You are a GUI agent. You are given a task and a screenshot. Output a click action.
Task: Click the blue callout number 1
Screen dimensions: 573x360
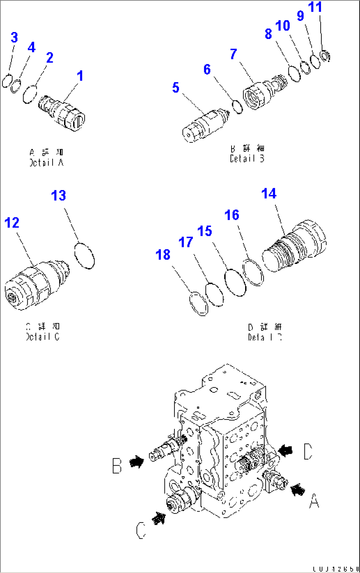(80, 76)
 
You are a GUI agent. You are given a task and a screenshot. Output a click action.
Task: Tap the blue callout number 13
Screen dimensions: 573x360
(58, 196)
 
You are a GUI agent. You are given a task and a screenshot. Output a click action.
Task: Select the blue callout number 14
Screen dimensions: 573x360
(269, 194)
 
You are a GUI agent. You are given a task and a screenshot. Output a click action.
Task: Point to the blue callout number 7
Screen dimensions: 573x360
(234, 54)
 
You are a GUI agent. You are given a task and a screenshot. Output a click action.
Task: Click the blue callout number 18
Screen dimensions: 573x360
(163, 255)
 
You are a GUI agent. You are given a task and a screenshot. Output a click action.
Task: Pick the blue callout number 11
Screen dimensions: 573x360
(315, 7)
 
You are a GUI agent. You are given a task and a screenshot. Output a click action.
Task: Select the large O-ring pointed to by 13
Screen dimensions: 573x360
(85, 255)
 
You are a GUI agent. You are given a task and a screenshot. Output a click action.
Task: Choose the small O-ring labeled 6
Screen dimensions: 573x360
(237, 107)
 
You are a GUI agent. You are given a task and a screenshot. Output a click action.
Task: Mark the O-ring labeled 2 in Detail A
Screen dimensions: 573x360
(30, 94)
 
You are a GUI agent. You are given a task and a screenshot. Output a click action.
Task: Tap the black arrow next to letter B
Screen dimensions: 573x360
(136, 461)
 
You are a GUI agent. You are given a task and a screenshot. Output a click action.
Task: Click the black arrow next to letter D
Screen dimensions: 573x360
(286, 450)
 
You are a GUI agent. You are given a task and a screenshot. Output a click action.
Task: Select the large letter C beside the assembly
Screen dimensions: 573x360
(141, 530)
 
